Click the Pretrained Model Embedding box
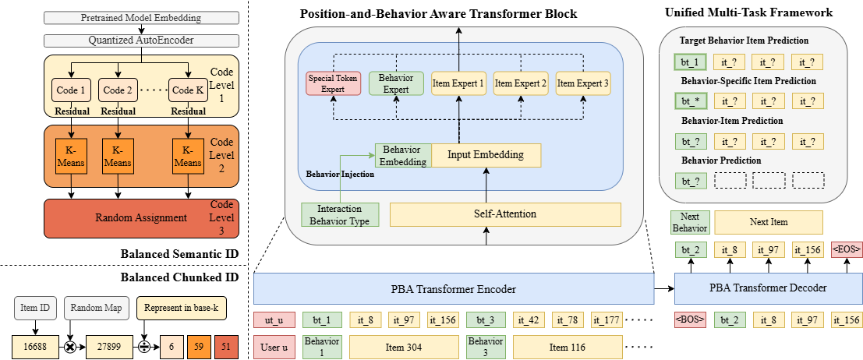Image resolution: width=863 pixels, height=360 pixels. pos(140,16)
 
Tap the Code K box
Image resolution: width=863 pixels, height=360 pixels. pos(188,90)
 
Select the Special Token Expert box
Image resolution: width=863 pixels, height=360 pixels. pos(333,83)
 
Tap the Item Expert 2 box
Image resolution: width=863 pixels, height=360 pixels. pos(521,83)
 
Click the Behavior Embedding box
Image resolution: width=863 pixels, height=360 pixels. pos(402,156)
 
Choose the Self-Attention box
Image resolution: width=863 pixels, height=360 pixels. pos(504,214)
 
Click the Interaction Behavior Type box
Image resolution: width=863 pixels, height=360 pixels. pos(339,214)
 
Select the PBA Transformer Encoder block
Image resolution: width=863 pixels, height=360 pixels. pos(452,290)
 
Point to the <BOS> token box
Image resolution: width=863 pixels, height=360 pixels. pos(690,319)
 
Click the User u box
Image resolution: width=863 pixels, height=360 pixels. pos(273,347)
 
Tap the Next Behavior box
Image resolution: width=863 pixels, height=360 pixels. pos(688,222)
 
